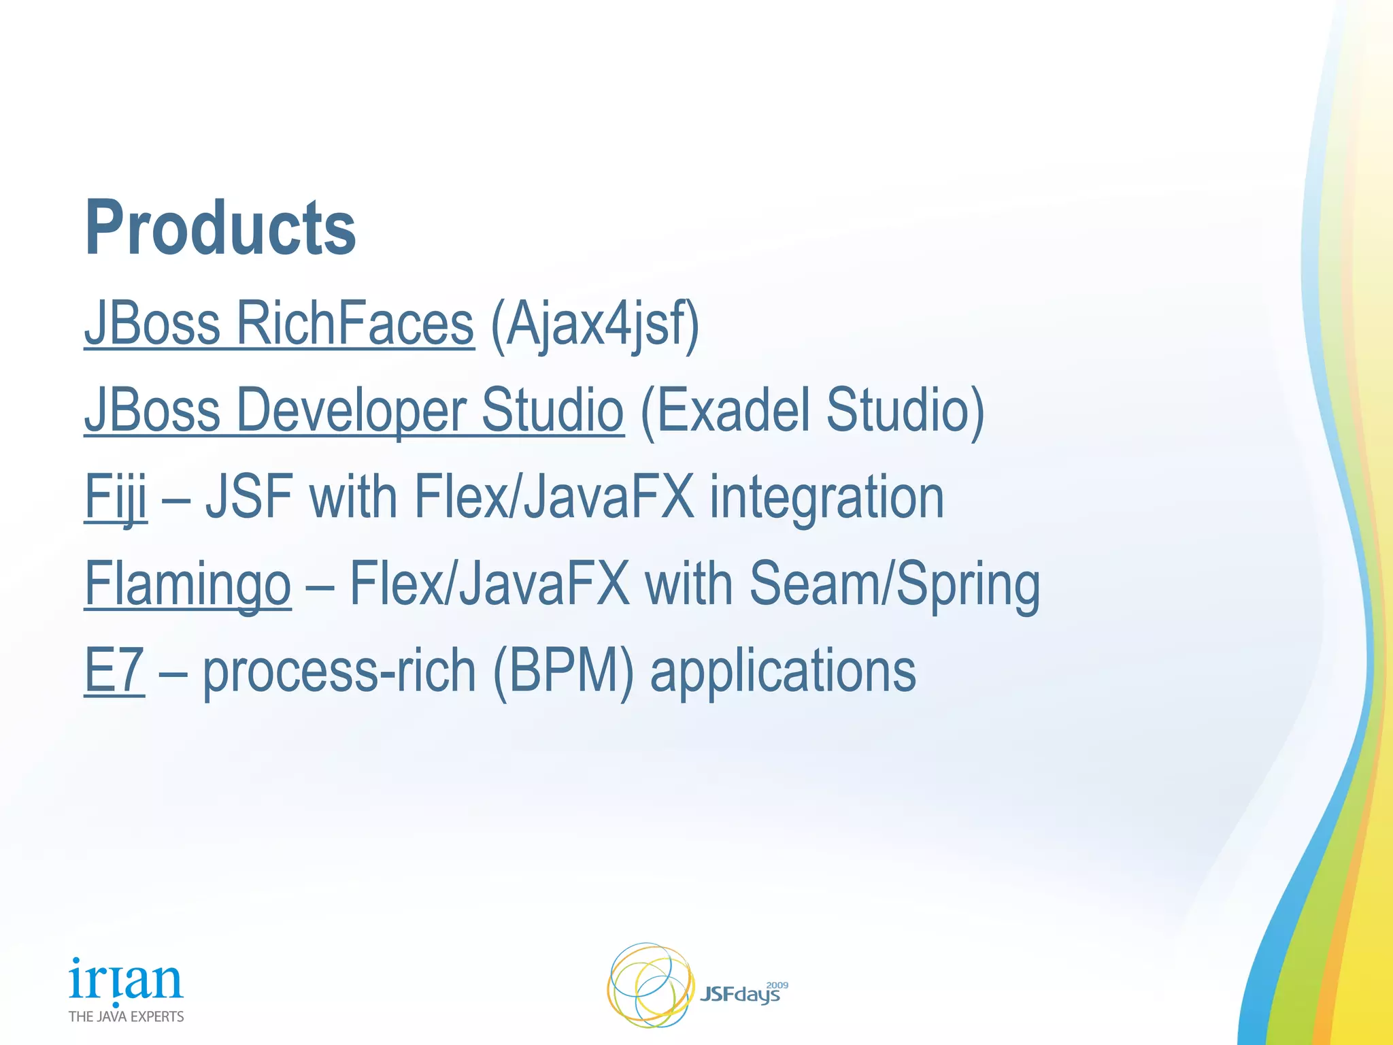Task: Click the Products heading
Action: coord(220,228)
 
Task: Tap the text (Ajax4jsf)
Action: coord(594,325)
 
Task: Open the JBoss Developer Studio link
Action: coord(354,410)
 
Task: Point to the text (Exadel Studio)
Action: coord(812,410)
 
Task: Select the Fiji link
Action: coord(115,497)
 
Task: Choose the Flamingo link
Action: coord(188,584)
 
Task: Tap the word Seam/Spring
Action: coord(894,584)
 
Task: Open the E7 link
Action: coord(114,670)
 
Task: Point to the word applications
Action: coord(783,671)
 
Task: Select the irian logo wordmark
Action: coord(126,980)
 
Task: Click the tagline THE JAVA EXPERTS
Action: coord(126,1016)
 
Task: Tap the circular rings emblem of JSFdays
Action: coord(649,984)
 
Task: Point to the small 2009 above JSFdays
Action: coord(777,985)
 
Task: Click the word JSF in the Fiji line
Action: coord(250,497)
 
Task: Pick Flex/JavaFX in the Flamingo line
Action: coord(489,584)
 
